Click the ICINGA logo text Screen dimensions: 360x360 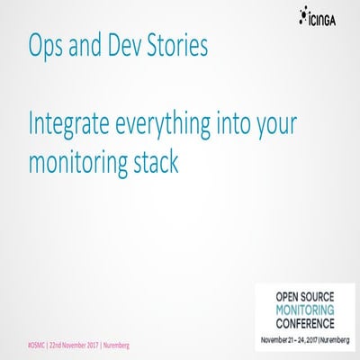point(327,15)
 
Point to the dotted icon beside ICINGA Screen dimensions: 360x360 point(301,13)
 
